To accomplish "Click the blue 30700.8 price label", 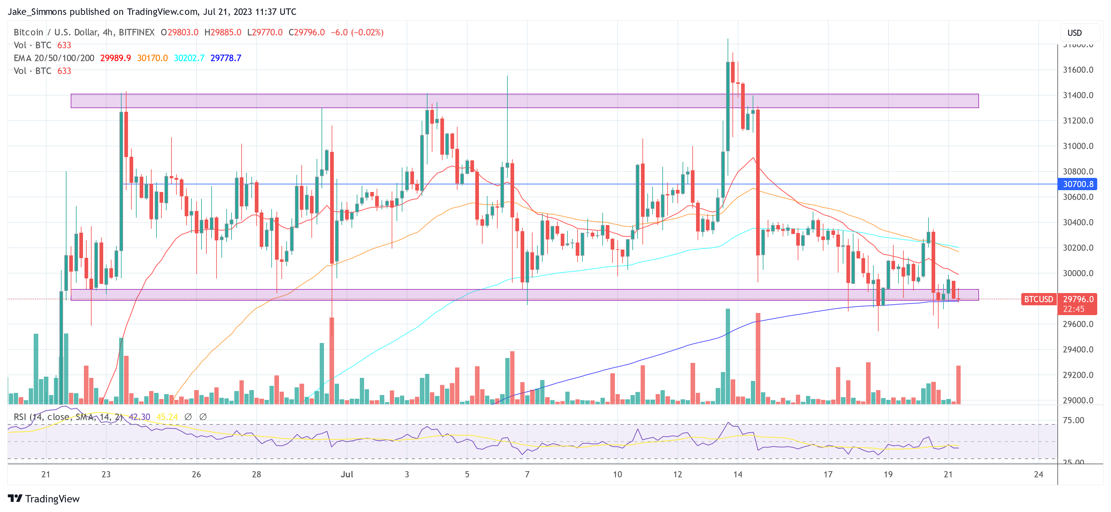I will point(1077,184).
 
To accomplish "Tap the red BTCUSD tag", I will point(1038,299).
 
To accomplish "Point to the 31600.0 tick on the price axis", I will point(1077,70).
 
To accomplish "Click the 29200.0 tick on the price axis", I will point(1077,375).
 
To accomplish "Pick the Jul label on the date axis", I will point(347,474).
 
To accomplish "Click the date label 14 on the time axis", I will point(738,474).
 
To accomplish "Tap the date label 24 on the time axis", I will point(1038,474).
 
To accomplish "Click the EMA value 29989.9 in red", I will point(115,58).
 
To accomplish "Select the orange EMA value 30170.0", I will point(152,58).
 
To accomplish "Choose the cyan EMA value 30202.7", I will point(189,58).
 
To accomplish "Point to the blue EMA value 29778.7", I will point(226,58).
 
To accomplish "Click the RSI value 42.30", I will point(139,417).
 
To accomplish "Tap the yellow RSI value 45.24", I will point(167,417).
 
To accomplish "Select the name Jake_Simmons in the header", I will point(37,12).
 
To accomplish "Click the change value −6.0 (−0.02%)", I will point(357,32).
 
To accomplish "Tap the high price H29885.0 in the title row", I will point(223,32).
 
